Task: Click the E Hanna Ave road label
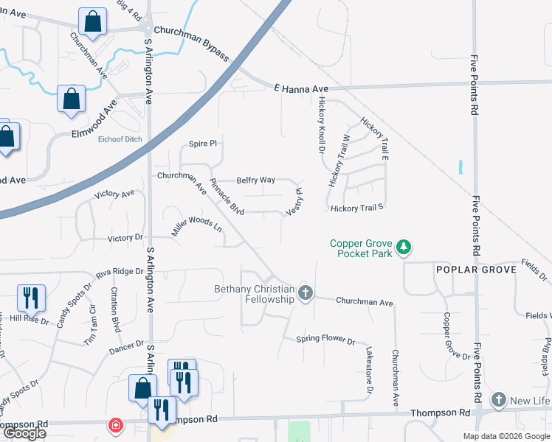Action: [300, 88]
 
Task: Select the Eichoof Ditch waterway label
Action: [120, 138]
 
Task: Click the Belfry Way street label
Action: [255, 180]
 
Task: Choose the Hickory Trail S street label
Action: [358, 208]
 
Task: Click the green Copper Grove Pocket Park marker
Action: [403, 247]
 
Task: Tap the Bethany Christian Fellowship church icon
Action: [306, 294]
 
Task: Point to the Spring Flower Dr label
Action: [325, 340]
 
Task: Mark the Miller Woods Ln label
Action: [197, 226]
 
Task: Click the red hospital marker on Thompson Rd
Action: [115, 425]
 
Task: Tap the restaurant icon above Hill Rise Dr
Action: [30, 298]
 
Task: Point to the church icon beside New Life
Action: [499, 400]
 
